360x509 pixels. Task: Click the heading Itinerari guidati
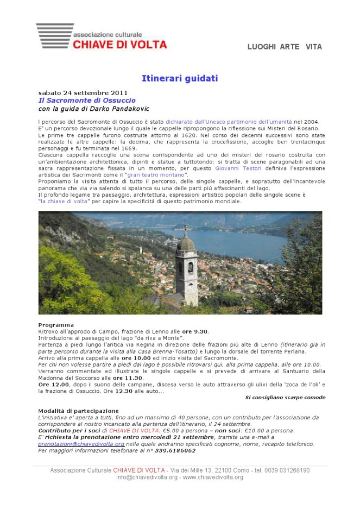pyautogui.click(x=179, y=79)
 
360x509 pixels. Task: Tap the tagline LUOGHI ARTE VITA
pyautogui.click(x=285, y=47)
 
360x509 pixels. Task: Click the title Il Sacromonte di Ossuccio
pyautogui.click(x=86, y=100)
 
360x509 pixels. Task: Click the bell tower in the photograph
pyautogui.click(x=187, y=266)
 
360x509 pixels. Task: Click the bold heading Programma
pyautogui.click(x=56, y=325)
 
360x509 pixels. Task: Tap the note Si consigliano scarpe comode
pyautogui.click(x=285, y=397)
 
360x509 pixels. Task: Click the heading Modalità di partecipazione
pyautogui.click(x=79, y=411)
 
